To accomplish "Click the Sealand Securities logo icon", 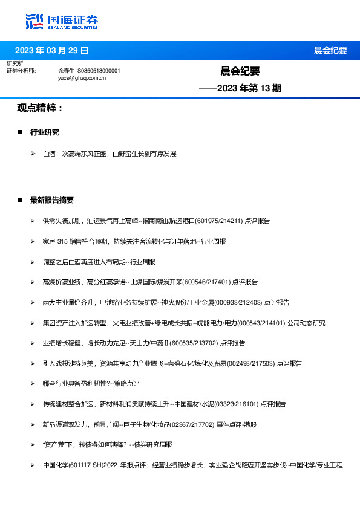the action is [34, 21].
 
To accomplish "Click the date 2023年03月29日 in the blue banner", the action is [51, 50].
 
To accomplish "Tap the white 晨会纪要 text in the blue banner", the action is [330, 50].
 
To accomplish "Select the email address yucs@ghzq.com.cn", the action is [82, 78].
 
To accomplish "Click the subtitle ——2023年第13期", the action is [240, 88].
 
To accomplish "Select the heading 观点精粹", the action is [39, 108].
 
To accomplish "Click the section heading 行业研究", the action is [45, 132].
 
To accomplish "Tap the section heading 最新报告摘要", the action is [52, 200].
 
